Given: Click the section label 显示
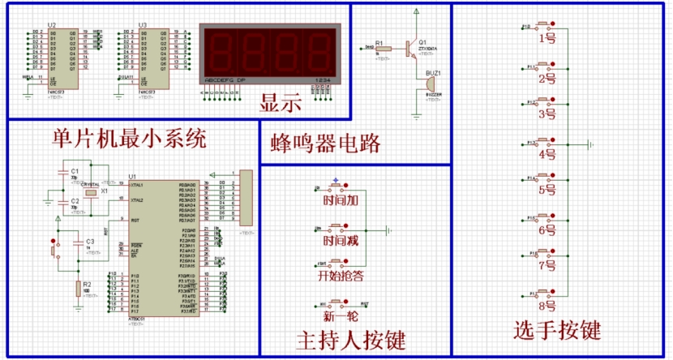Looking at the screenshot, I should coord(281,104).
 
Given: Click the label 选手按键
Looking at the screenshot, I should coord(557,330).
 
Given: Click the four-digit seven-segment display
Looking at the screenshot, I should coord(268,54).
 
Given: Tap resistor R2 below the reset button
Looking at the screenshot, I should coord(79,287).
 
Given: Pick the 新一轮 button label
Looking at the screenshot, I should coord(340,316).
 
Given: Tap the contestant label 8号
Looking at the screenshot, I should coord(547,306).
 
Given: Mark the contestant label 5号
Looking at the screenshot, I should coord(547,191).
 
